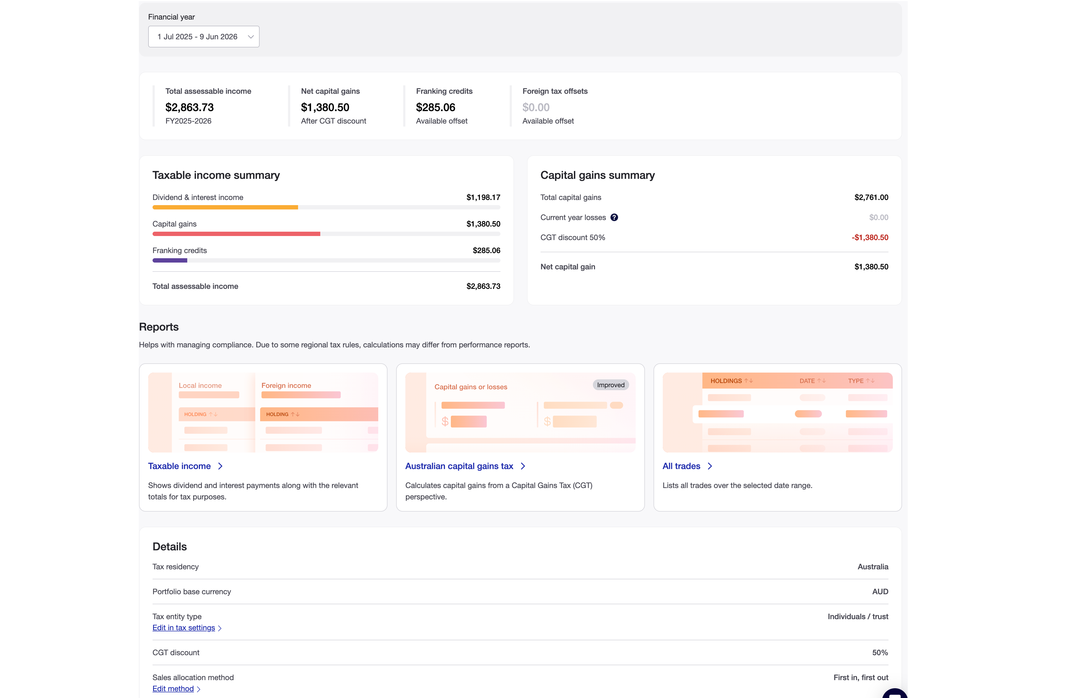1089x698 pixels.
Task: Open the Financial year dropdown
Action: click(x=203, y=37)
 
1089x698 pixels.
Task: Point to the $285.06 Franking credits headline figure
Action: click(x=435, y=107)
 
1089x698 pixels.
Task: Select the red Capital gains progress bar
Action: click(x=236, y=234)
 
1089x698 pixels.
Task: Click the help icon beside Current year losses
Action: click(x=614, y=218)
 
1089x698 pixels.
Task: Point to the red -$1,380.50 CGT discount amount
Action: click(x=870, y=238)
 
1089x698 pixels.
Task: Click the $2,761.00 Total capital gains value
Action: click(x=871, y=198)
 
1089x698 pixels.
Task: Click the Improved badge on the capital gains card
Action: click(x=610, y=385)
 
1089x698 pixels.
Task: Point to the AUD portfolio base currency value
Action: click(x=880, y=592)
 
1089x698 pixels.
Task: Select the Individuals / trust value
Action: click(x=858, y=616)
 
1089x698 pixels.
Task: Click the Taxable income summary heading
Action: click(x=216, y=175)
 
